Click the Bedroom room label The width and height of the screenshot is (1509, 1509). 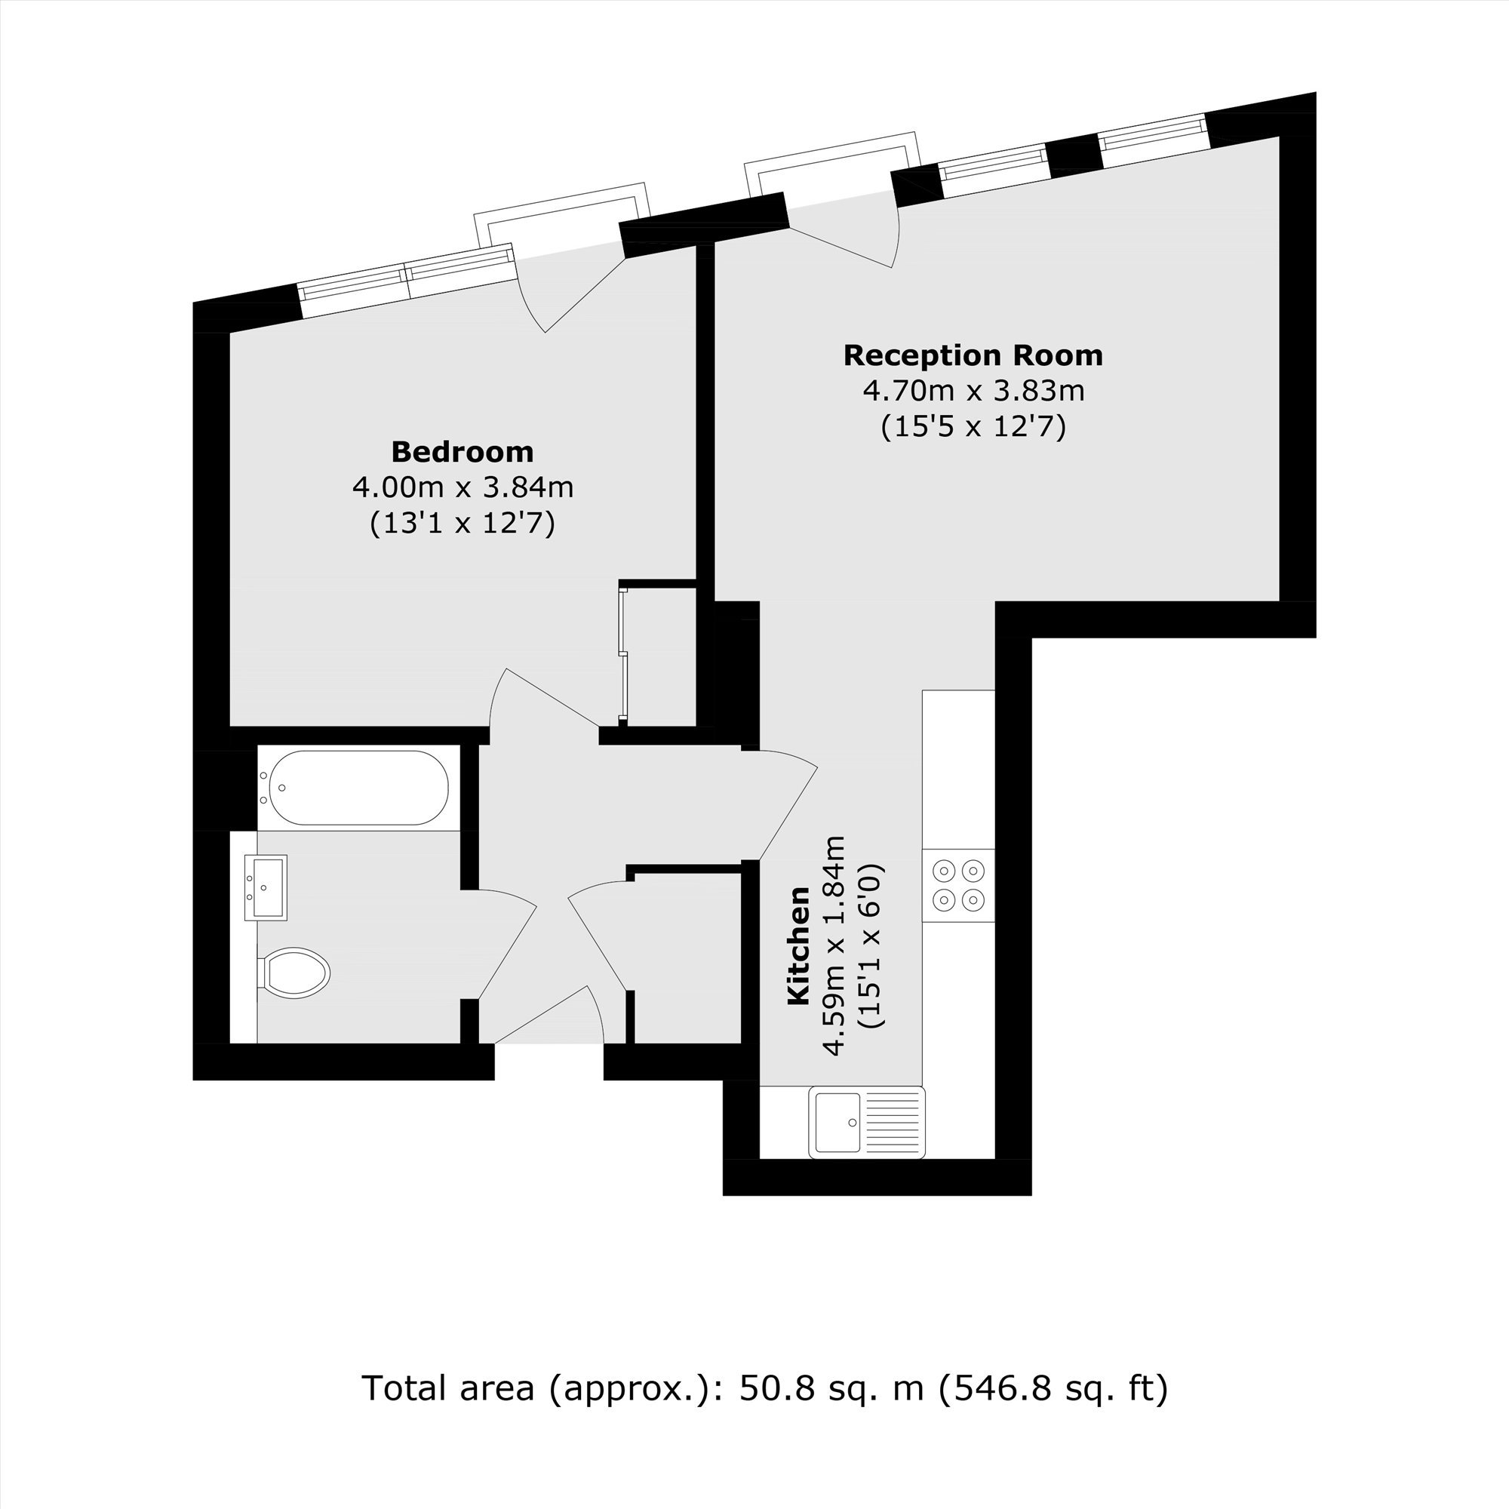point(463,451)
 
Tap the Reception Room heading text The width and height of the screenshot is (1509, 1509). point(973,355)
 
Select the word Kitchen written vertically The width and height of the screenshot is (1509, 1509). point(798,946)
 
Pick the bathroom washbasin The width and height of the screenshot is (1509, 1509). point(266,887)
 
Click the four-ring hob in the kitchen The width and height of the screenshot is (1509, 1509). point(958,886)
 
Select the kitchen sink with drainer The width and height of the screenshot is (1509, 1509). point(867,1123)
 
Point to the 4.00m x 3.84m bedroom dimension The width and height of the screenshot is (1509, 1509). point(463,487)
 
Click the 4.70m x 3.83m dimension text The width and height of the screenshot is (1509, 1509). point(974,391)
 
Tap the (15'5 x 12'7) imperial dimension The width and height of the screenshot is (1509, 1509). point(973,426)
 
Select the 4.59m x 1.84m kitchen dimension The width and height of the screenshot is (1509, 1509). point(836,946)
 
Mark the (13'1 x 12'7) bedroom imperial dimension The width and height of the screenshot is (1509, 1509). point(463,523)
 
